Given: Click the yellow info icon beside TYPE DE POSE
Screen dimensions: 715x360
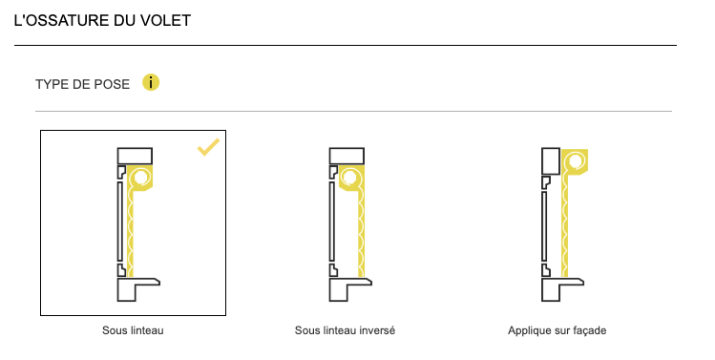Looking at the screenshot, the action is point(151,82).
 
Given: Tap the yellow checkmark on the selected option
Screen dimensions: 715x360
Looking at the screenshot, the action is point(208,147).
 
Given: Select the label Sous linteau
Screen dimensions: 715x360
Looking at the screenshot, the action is point(133,330).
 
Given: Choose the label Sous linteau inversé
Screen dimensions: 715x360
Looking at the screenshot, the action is point(345,330).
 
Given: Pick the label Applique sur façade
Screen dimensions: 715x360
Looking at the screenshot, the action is point(557,330).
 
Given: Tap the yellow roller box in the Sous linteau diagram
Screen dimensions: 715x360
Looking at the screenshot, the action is point(140,178).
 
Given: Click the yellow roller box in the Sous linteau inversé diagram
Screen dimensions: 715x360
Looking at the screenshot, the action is point(351,178).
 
